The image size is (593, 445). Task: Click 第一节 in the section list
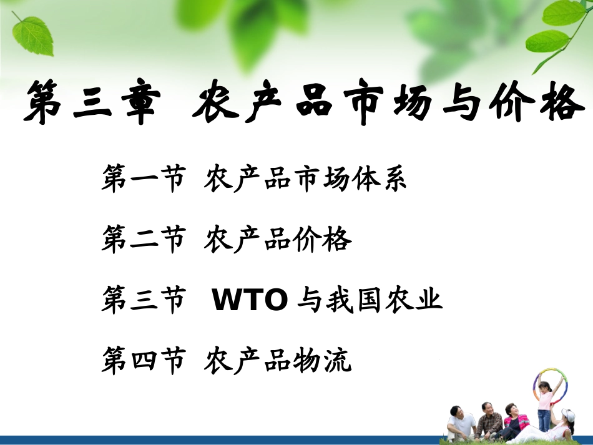(x=143, y=180)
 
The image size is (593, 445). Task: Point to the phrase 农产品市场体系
(x=305, y=180)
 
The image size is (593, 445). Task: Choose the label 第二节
(x=143, y=240)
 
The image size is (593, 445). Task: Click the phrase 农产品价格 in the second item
(x=278, y=240)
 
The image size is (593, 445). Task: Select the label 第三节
(x=143, y=301)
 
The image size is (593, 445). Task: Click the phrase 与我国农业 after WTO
(x=370, y=301)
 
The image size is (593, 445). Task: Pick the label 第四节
(x=143, y=361)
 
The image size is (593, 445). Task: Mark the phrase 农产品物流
(x=278, y=361)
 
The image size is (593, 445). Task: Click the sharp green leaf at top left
(x=33, y=34)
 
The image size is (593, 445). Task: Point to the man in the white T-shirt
(x=461, y=424)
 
